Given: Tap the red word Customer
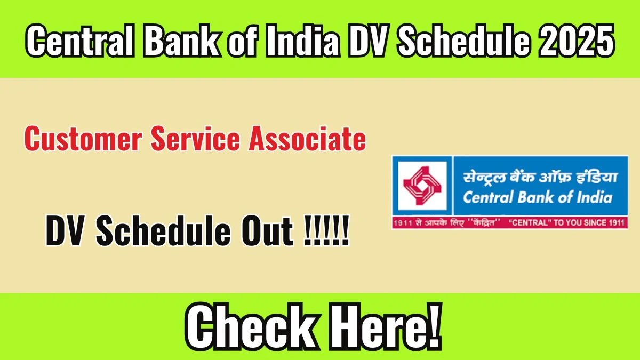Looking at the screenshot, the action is [83, 139].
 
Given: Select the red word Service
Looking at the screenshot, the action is [195, 139].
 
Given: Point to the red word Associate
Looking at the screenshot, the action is [307, 139].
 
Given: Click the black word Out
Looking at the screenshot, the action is [267, 230].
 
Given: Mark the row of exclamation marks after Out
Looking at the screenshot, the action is [326, 230].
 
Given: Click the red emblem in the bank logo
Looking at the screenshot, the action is [422, 186].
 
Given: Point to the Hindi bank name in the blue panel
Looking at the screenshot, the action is [540, 178].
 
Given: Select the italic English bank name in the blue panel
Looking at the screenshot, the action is [538, 197].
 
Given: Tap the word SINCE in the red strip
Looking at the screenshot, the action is [599, 223].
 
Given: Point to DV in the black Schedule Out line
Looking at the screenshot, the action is [66, 230].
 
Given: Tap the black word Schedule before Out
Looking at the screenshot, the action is [163, 230].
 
